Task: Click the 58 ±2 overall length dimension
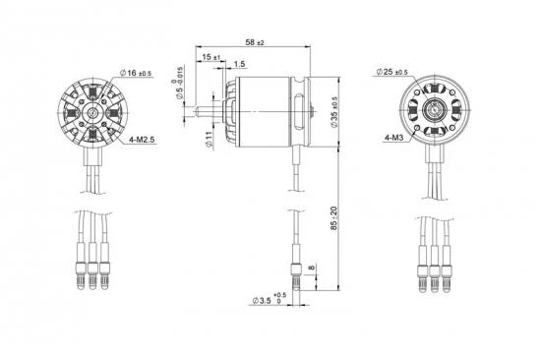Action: [x=255, y=42]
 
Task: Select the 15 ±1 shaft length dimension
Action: [x=211, y=57]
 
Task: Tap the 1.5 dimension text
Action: [x=239, y=64]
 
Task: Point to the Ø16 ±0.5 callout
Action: [x=136, y=73]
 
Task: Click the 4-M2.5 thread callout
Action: [x=142, y=140]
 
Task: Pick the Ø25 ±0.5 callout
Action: [x=391, y=72]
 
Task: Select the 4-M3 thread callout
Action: [x=393, y=138]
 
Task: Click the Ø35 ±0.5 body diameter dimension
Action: [x=334, y=112]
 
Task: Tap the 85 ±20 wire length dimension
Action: [x=333, y=218]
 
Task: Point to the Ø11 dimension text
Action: [x=209, y=140]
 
